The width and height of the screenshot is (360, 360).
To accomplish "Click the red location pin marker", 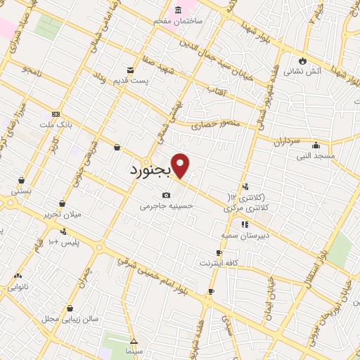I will [181, 165].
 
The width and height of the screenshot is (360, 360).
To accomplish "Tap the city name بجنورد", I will [150, 172].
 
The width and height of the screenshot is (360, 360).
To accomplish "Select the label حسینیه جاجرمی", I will [166, 206].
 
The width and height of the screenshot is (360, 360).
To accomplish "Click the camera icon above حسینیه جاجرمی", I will [166, 195].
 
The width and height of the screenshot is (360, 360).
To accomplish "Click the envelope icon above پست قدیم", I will [130, 69].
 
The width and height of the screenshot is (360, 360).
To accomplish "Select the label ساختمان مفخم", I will [179, 20].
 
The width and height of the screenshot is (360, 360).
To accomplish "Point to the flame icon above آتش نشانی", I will [302, 60].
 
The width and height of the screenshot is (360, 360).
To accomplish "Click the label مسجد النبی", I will [315, 155].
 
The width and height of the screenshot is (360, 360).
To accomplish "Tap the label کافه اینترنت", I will [219, 263].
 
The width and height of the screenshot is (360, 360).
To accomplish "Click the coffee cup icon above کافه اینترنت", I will [219, 252].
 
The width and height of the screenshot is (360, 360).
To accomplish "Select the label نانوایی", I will [18, 287].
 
